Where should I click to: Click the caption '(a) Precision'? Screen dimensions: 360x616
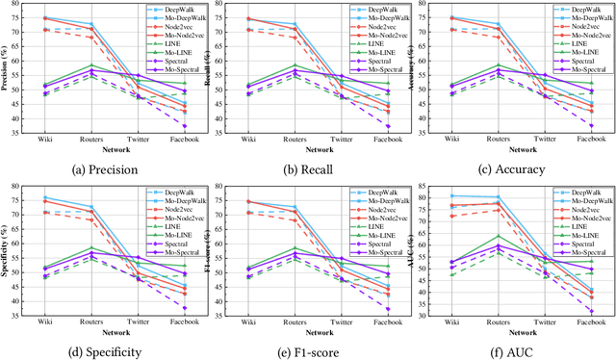(101, 169)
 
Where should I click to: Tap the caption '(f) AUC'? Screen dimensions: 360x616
(515, 350)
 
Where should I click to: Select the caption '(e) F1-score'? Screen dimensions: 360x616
(307, 350)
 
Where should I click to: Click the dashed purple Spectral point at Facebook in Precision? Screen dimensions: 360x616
(184, 126)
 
